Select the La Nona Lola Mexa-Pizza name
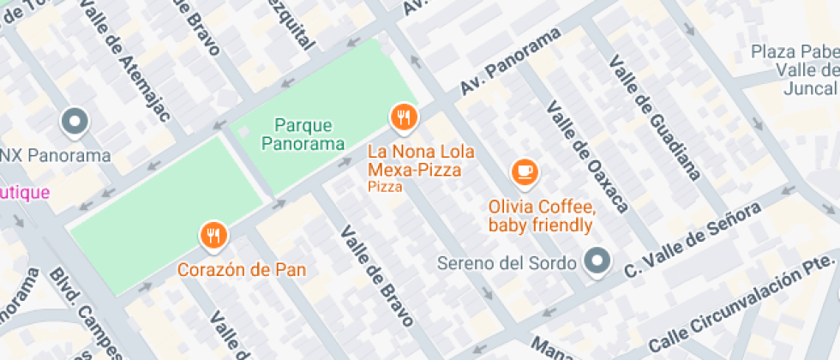[x=415, y=161]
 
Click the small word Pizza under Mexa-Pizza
[x=385, y=186]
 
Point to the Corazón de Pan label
[x=242, y=269]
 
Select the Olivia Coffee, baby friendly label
[x=541, y=216]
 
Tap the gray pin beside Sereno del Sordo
[x=596, y=261]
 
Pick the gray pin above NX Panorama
[x=75, y=122]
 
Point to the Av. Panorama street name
[x=511, y=61]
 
